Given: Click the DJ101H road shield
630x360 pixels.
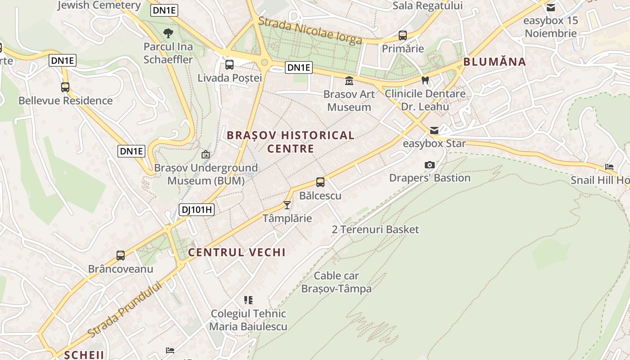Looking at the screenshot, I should click(196, 210).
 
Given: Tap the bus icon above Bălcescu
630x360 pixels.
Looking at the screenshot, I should click(320, 182).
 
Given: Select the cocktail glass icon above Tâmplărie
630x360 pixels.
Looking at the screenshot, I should click(287, 205).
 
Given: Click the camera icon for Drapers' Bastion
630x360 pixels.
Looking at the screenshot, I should click(430, 165).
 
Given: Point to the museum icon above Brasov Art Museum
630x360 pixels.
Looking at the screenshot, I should click(349, 81).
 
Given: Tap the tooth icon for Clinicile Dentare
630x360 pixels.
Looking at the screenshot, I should click(425, 80).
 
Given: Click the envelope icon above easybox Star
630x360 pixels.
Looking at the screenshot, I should click(434, 130).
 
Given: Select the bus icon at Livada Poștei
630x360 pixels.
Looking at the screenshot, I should click(229, 64).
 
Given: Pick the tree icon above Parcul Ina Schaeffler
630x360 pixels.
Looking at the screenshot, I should click(168, 33).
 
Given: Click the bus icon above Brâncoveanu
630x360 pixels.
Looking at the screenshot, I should click(121, 256).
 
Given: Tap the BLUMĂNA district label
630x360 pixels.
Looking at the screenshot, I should click(495, 62).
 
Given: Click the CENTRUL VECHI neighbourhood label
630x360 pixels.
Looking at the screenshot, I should click(237, 252).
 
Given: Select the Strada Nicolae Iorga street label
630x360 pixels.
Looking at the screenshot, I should click(310, 31).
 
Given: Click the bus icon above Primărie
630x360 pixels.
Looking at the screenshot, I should click(403, 35).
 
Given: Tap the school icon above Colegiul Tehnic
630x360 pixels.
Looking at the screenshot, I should click(248, 300).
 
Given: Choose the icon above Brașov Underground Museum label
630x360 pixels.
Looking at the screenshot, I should click(206, 154).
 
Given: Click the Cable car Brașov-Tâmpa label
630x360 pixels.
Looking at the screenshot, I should click(337, 282).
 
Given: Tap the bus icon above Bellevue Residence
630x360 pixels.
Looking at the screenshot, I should click(65, 87).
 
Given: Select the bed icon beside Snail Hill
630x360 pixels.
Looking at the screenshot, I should click(609, 166).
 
